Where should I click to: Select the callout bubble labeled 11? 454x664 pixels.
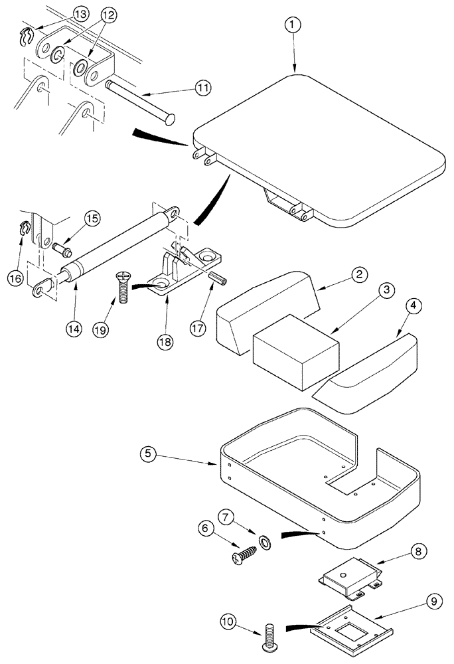[202, 88]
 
